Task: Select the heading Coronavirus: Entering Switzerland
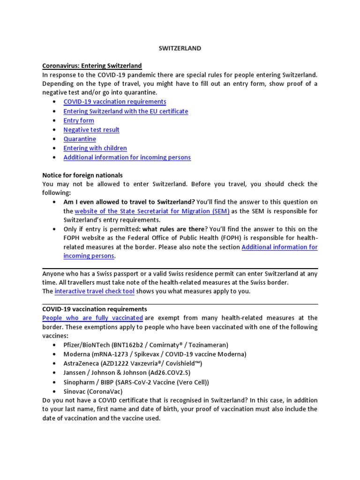click(92, 66)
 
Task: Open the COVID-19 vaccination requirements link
click(115, 102)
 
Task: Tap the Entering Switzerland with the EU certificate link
click(126, 111)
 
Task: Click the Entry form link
click(79, 120)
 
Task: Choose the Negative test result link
click(91, 130)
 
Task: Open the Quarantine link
click(80, 139)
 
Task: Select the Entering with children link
click(95, 148)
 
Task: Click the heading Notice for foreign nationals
click(82, 175)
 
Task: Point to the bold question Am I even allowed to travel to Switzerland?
click(129, 202)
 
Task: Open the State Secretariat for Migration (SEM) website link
click(152, 211)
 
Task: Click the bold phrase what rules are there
click(173, 229)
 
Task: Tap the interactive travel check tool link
click(95, 292)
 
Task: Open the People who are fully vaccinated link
click(92, 318)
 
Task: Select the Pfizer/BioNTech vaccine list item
click(146, 345)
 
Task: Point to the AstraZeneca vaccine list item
click(133, 363)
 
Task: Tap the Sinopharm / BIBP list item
click(136, 382)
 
